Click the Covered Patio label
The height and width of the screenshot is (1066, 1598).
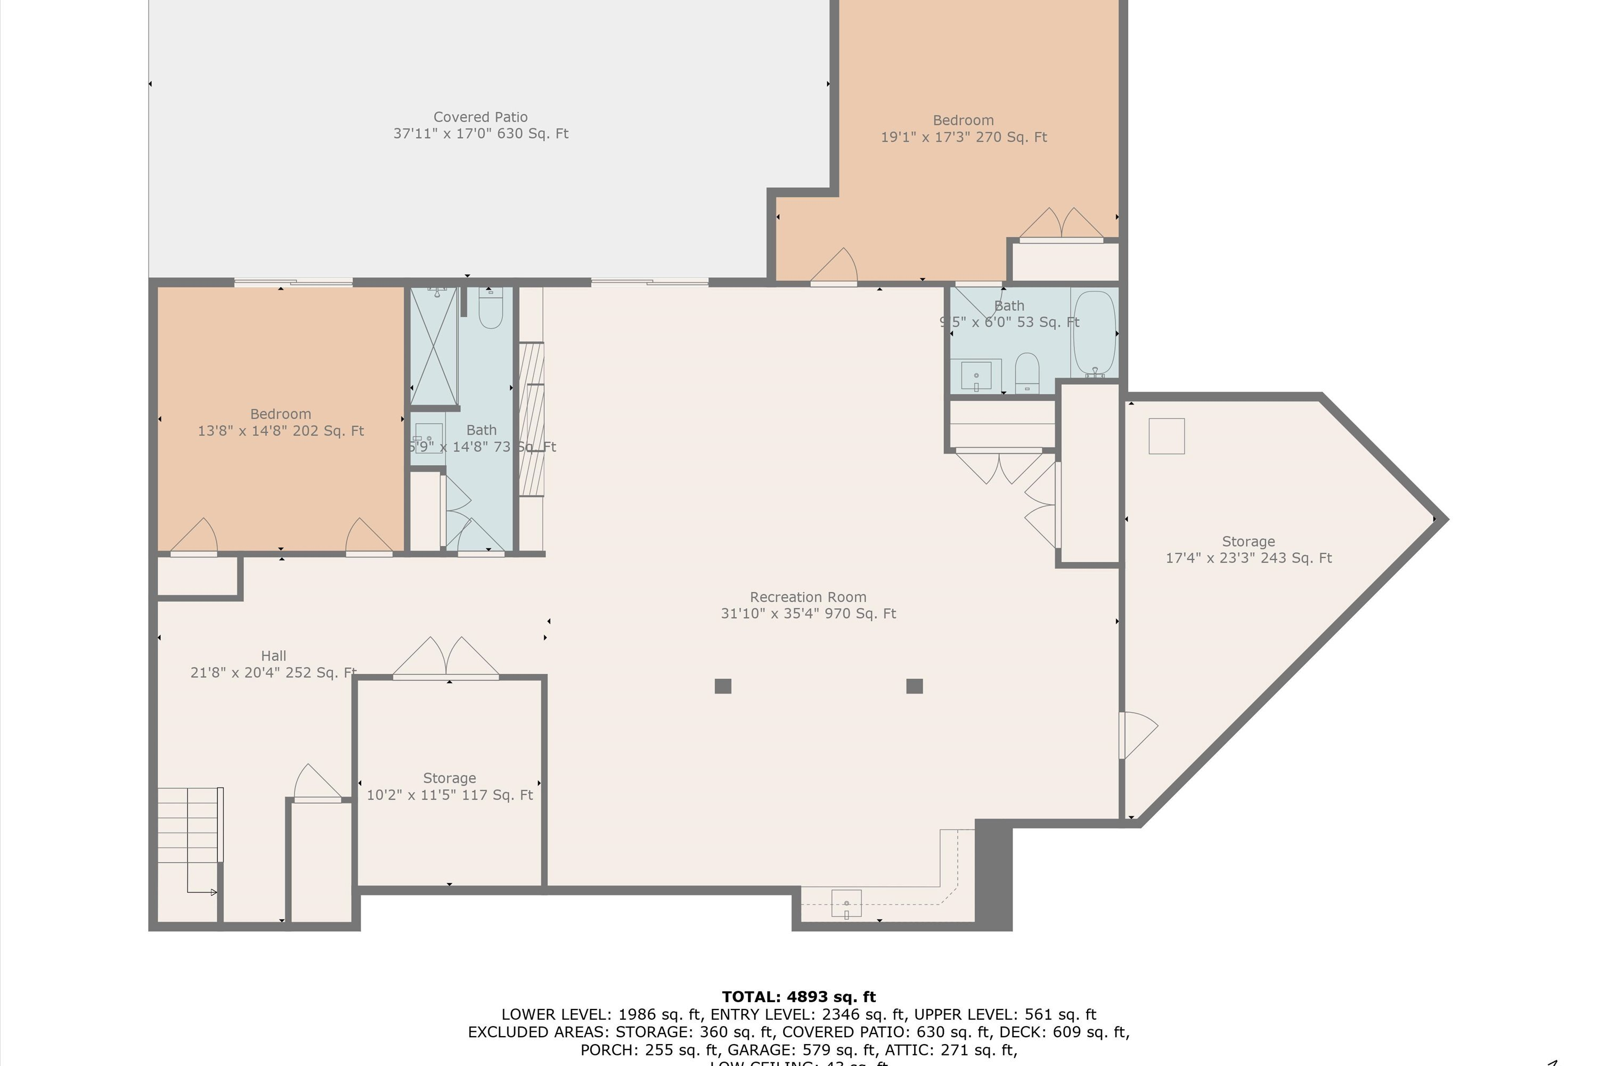(x=480, y=126)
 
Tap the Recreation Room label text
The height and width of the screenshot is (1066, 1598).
(x=808, y=605)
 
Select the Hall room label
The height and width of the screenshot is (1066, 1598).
(x=273, y=664)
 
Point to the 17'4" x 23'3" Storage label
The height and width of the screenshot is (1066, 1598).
(x=1248, y=550)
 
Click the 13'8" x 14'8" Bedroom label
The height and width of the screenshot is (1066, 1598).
(x=281, y=422)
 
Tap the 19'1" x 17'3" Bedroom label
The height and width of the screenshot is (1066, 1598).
(x=964, y=128)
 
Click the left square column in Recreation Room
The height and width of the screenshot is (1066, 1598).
(x=723, y=686)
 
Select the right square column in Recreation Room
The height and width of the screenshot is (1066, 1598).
(x=915, y=686)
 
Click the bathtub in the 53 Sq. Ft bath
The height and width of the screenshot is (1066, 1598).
(x=1094, y=332)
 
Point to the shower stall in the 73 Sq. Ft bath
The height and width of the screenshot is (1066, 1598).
(x=434, y=347)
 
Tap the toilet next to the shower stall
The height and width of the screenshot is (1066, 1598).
(x=491, y=309)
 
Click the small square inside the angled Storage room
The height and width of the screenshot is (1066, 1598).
(x=1167, y=436)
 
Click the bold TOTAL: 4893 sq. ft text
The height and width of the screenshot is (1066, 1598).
(x=798, y=997)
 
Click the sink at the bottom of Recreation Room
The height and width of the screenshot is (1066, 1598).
(x=846, y=904)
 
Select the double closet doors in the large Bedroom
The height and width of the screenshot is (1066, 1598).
(x=1061, y=224)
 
